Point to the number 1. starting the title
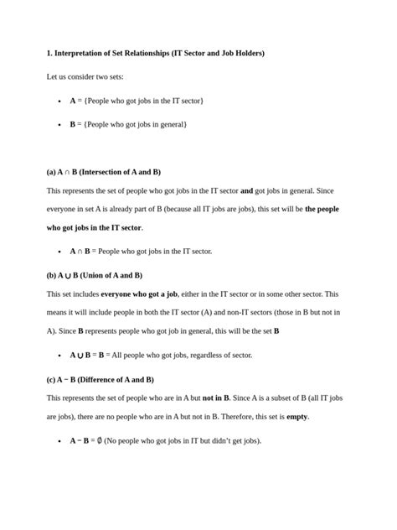[49, 54]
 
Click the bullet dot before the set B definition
[59, 125]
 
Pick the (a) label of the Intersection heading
[52, 171]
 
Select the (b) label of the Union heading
[52, 275]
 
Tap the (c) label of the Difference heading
[52, 379]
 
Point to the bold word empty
[297, 417]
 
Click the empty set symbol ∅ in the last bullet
[99, 440]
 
